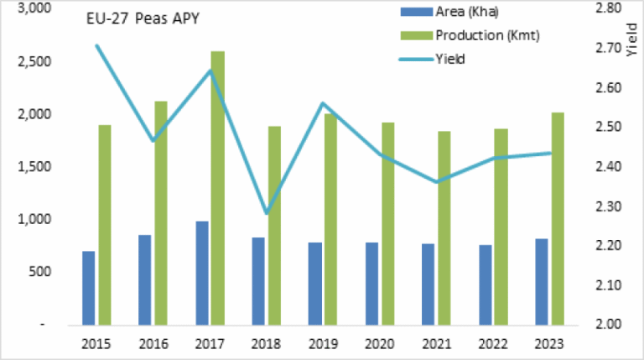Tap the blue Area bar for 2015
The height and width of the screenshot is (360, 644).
pyautogui.click(x=88, y=287)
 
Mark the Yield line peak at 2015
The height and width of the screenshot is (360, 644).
pyautogui.click(x=96, y=45)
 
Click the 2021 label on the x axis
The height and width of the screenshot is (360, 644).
pyautogui.click(x=437, y=343)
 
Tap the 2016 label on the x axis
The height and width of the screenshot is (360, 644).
pyautogui.click(x=153, y=343)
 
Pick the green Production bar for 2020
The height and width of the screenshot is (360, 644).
pyautogui.click(x=388, y=222)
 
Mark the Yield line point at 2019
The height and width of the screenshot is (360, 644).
pyautogui.click(x=323, y=104)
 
